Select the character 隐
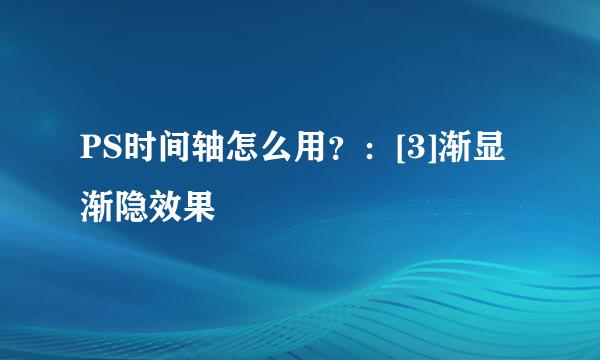click(130, 206)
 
